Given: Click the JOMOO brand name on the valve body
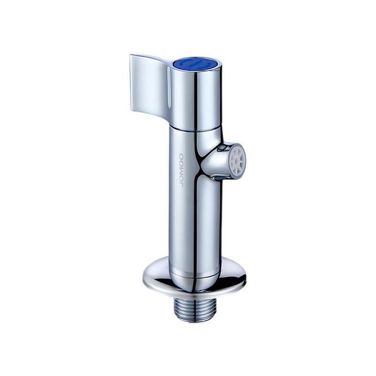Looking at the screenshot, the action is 181,170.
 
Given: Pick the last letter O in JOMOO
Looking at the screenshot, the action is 181,156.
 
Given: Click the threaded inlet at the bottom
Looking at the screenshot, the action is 193,310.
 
